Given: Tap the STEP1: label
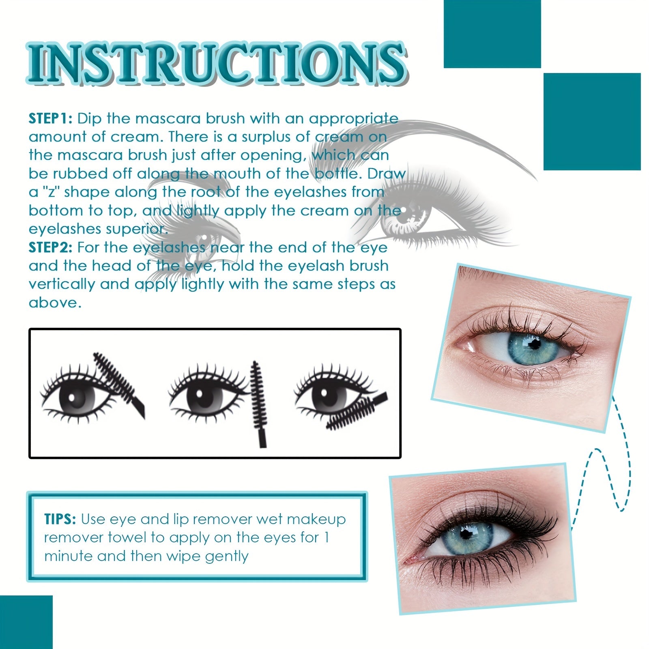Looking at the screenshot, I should click(50, 118).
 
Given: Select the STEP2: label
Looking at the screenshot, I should click(50, 247).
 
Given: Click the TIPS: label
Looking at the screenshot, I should click(60, 519).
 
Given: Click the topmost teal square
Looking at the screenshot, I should click(492, 34).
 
